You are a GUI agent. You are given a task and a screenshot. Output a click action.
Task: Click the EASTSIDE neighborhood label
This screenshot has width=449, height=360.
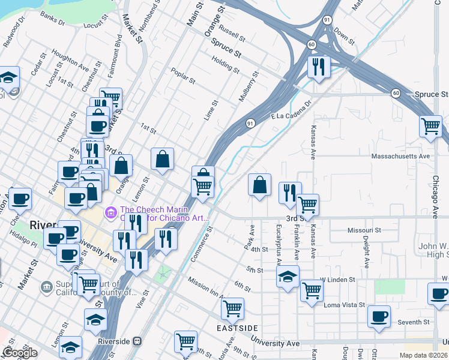coord(238,328)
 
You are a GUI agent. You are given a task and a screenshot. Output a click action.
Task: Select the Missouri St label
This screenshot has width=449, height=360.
coord(364,230)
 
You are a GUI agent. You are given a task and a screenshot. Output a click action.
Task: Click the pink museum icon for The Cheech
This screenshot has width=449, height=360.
coord(110,212)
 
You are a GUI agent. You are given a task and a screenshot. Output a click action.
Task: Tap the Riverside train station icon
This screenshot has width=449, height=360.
coord(137,341)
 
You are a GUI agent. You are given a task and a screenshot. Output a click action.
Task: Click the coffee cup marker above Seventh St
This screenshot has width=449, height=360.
coord(378,316)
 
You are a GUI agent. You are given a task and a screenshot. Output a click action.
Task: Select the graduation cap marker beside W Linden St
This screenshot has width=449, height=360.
coord(288,277)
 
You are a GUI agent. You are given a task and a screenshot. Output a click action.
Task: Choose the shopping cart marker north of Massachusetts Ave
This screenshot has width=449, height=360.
coord(430,126)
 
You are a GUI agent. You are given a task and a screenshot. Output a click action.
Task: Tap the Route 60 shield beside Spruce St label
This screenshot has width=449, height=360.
coord(396,93)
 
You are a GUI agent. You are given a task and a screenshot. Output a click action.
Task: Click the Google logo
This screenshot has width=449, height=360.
coord(19,353)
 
